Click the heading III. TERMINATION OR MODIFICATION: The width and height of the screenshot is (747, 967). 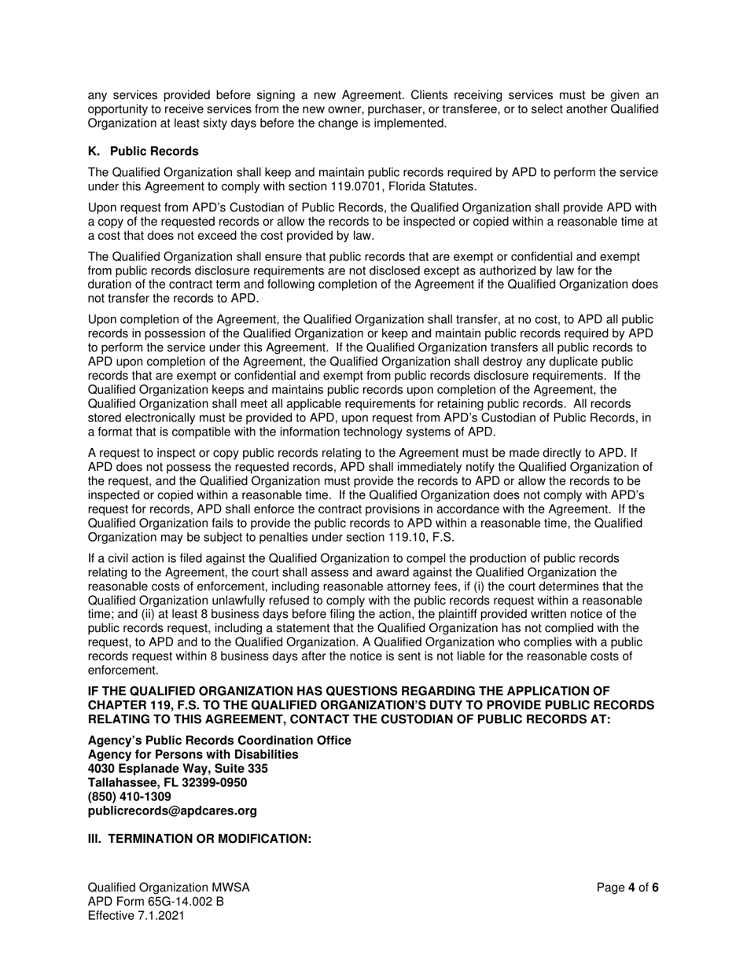200,839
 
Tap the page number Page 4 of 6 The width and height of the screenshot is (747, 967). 627,888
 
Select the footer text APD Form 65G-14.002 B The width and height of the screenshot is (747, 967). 156,902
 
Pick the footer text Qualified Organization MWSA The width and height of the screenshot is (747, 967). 168,888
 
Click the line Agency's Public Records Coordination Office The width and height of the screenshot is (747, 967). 219,741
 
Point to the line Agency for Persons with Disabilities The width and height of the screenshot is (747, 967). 193,755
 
